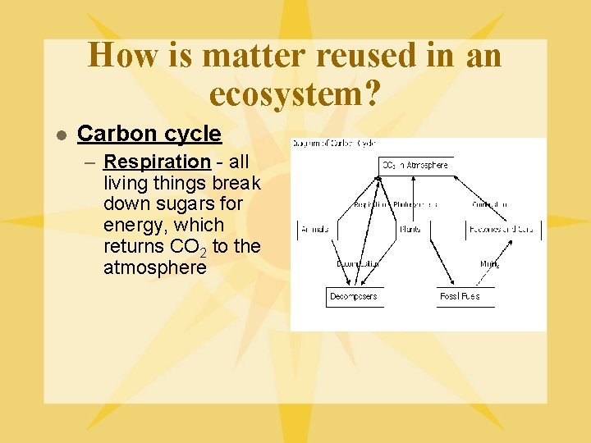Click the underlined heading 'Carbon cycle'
pos(149,134)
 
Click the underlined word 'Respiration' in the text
pos(157,162)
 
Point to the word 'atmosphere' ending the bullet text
pos(154,268)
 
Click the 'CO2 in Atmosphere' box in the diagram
pos(415,165)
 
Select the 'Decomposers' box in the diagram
pos(354,296)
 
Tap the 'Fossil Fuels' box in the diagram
pos(460,296)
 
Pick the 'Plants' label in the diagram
pos(410,230)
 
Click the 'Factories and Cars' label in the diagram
pos(501,230)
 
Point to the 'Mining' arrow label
pos(489,264)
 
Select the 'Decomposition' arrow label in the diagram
pos(357,264)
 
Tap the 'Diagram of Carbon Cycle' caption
pos(333,144)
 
